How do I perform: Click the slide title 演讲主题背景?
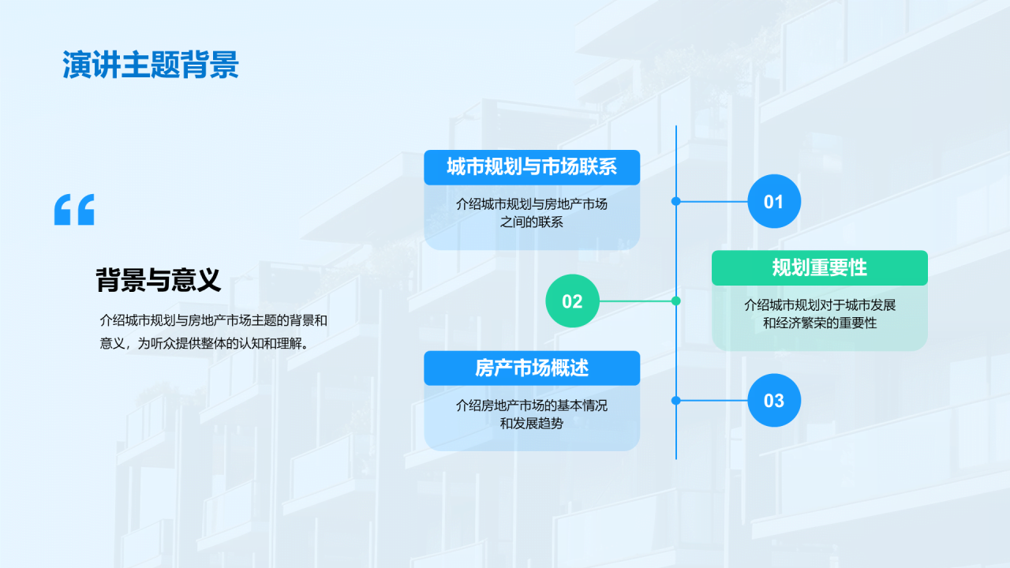point(150,66)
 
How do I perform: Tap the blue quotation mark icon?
point(74,209)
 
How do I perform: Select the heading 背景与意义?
point(158,279)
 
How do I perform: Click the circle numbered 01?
point(773,201)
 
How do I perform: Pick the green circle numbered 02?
point(572,301)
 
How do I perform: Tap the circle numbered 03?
point(773,400)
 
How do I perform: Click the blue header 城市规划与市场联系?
point(532,167)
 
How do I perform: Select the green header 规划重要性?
point(819,267)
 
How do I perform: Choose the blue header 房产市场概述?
point(532,368)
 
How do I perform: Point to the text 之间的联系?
point(532,222)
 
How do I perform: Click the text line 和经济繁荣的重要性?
point(819,323)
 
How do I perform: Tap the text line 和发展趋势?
point(532,423)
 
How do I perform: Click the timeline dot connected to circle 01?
point(676,201)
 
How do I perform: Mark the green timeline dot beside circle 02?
point(676,301)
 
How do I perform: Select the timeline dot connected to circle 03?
point(676,400)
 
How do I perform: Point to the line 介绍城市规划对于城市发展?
point(819,305)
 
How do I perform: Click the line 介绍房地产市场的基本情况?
point(532,405)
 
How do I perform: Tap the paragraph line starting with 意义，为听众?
point(203,343)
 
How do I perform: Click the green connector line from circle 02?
point(635,301)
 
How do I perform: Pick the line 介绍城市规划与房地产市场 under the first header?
point(532,204)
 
